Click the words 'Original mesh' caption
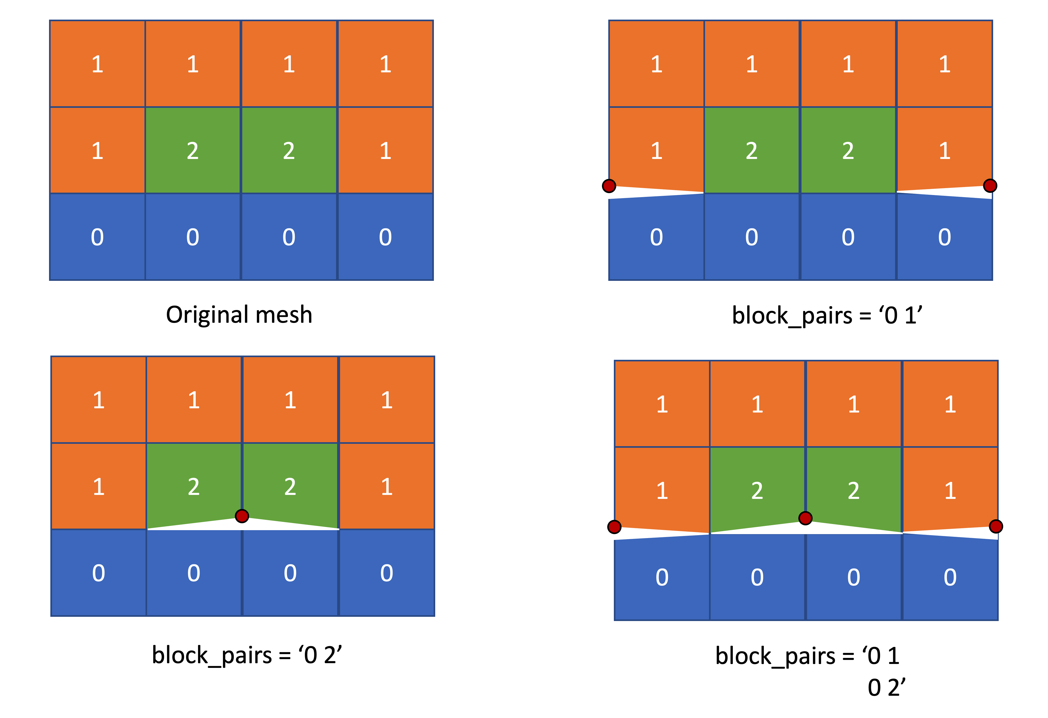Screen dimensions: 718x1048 (x=239, y=314)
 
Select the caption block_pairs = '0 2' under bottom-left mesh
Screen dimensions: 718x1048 (x=247, y=655)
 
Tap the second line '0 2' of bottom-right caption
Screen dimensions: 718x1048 (x=886, y=687)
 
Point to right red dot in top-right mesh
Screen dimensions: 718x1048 (x=990, y=185)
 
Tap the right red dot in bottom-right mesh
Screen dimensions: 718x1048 (x=996, y=526)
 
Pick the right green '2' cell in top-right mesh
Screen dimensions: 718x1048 (x=848, y=150)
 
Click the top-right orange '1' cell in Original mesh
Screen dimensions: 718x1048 (x=385, y=64)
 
